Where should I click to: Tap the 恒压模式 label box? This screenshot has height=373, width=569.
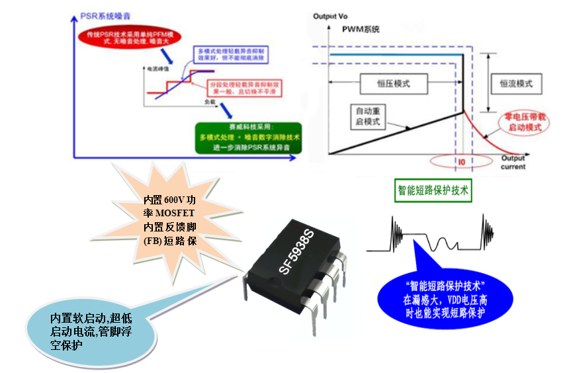pos(393,84)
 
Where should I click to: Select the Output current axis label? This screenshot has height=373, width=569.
pos(513,163)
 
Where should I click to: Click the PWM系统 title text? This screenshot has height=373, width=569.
pos(362,30)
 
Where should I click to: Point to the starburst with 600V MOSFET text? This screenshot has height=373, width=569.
pos(170,219)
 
